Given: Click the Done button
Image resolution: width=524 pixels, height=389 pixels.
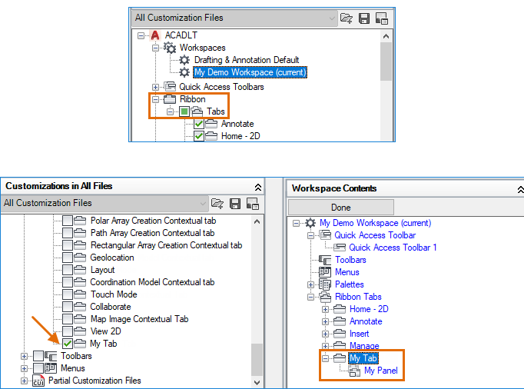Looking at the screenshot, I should [340, 207].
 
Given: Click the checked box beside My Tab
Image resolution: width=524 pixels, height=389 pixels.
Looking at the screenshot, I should [68, 344].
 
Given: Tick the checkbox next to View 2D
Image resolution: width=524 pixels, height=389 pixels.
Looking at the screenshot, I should [68, 331].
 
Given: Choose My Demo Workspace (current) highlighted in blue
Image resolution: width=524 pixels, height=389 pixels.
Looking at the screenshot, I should [250, 72].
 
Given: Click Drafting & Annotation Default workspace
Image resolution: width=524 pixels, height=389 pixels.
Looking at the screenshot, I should [246, 60].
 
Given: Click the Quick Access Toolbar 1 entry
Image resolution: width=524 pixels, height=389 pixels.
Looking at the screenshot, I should [393, 248].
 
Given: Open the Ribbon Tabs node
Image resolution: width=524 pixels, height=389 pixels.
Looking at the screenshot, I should [358, 297].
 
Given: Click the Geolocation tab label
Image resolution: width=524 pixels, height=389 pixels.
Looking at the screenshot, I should [112, 258].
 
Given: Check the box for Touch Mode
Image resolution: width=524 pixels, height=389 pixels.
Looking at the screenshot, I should [68, 294].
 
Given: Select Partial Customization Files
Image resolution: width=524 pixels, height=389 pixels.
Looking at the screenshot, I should [95, 381].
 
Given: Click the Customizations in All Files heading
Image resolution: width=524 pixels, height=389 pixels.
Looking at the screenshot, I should [60, 186].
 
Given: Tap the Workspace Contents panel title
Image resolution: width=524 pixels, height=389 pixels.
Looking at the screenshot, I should [334, 188].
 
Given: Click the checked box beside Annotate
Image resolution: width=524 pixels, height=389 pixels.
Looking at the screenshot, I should [199, 124].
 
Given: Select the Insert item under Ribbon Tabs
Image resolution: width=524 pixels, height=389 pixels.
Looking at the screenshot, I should [359, 334].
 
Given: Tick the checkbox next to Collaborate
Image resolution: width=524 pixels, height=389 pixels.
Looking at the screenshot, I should [68, 307].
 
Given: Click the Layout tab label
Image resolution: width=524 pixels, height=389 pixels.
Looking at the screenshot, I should [103, 270].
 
